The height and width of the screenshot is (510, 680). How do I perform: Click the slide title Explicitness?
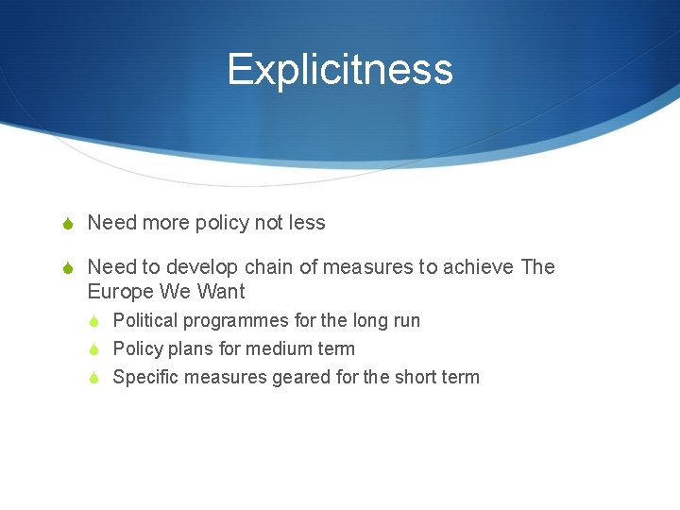pyautogui.click(x=340, y=69)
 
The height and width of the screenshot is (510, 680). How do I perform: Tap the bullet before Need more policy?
pyautogui.click(x=66, y=224)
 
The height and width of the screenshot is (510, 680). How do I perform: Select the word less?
pyautogui.click(x=307, y=223)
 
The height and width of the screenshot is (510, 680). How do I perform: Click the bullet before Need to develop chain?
pyautogui.click(x=66, y=268)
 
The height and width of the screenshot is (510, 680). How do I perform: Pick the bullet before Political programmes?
pyautogui.click(x=94, y=321)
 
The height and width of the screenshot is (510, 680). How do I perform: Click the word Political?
pyautogui.click(x=144, y=320)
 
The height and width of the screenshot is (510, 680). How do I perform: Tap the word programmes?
pyautogui.click(x=238, y=321)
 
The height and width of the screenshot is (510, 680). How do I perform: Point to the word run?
pyautogui.click(x=406, y=320)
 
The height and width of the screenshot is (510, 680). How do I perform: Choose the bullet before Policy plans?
pyautogui.click(x=94, y=349)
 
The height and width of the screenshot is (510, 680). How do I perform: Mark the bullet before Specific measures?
pyautogui.click(x=94, y=378)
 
